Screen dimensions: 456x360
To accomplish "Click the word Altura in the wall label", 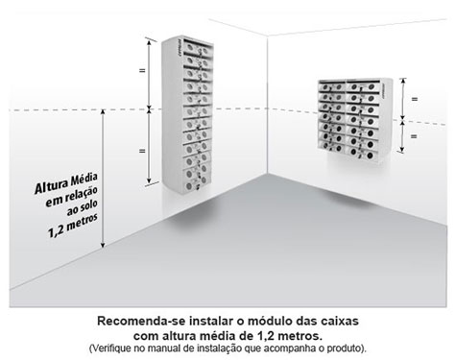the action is (x=51, y=187).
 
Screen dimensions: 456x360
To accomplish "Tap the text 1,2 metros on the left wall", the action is (x=73, y=226).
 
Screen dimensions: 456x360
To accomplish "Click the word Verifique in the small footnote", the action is (x=108, y=348).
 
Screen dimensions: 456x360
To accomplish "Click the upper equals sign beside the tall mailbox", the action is (x=142, y=70).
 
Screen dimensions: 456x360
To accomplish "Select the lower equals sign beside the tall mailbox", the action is (x=142, y=151).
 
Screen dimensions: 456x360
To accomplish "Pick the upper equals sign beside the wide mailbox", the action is (x=415, y=99).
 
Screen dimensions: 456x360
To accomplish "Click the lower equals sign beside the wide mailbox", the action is (x=414, y=136).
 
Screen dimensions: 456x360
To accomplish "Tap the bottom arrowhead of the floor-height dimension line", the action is (x=103, y=245).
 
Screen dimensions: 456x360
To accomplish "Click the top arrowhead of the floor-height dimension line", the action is (x=103, y=112).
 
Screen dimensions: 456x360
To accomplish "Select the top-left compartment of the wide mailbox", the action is (x=332, y=86).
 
